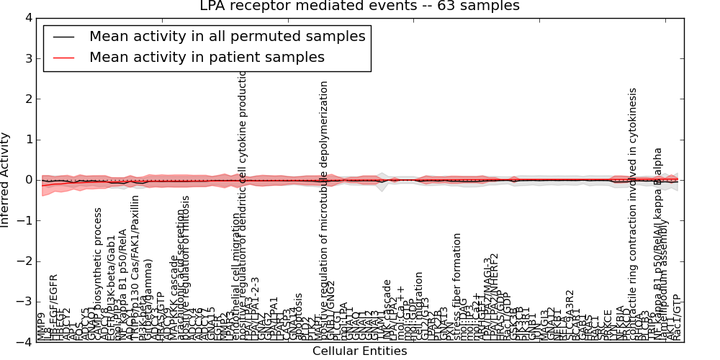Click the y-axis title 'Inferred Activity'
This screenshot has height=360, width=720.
(6, 180)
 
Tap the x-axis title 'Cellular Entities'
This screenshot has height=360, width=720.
(359, 351)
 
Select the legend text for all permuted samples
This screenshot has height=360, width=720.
(227, 37)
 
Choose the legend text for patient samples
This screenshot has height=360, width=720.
(207, 57)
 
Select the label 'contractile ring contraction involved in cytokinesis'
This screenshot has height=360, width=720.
(634, 216)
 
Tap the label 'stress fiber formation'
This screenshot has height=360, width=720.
(457, 286)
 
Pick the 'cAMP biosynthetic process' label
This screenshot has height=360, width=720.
(99, 274)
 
